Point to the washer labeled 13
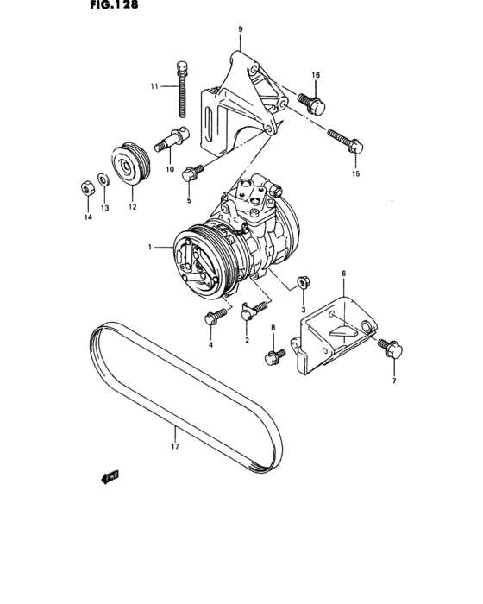[x=103, y=180]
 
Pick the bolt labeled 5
[x=191, y=173]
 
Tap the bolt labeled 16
[x=312, y=104]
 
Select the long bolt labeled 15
[x=347, y=143]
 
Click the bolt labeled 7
[x=389, y=348]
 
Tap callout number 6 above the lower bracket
[x=342, y=274]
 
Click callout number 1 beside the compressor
[x=149, y=248]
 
